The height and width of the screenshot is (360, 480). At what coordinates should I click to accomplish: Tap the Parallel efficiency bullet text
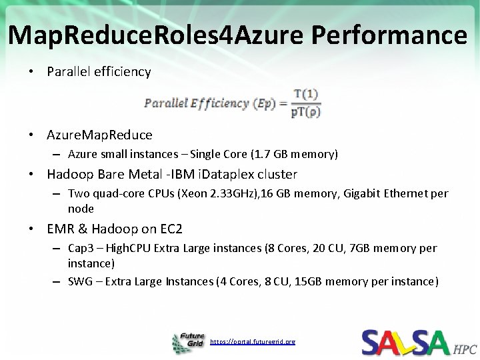[99, 71]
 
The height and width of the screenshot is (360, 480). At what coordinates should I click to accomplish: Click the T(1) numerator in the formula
[307, 94]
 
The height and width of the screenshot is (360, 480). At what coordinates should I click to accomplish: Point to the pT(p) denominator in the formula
[306, 112]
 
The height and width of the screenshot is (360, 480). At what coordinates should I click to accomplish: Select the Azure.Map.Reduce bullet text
[99, 135]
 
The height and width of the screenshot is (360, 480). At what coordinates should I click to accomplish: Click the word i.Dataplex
[263, 175]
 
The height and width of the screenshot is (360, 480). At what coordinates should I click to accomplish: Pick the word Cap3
[81, 248]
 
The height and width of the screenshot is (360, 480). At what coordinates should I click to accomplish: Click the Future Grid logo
[189, 342]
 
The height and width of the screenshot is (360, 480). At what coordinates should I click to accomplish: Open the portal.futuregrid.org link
[251, 342]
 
